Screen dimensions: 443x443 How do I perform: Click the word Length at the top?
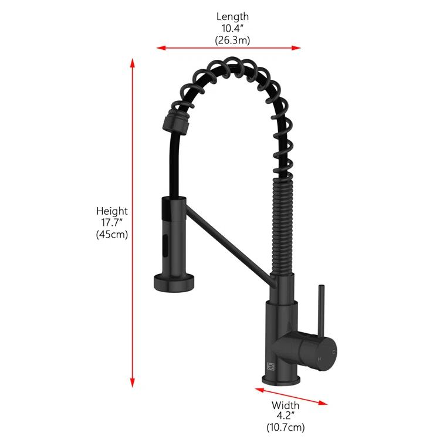point(232,16)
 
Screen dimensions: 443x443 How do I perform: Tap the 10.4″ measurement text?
point(232,28)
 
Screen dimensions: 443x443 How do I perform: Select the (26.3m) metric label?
point(232,40)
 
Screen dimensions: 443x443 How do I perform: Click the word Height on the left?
point(112,211)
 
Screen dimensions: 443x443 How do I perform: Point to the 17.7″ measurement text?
point(112,222)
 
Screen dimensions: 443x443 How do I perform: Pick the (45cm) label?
point(112,234)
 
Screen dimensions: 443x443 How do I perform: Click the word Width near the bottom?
point(286,405)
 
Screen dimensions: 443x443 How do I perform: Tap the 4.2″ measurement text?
point(286,417)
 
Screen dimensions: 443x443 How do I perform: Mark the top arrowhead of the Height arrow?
point(133,61)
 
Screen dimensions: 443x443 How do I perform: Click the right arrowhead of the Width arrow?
point(324,403)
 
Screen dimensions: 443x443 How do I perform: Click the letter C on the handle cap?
point(334,351)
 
